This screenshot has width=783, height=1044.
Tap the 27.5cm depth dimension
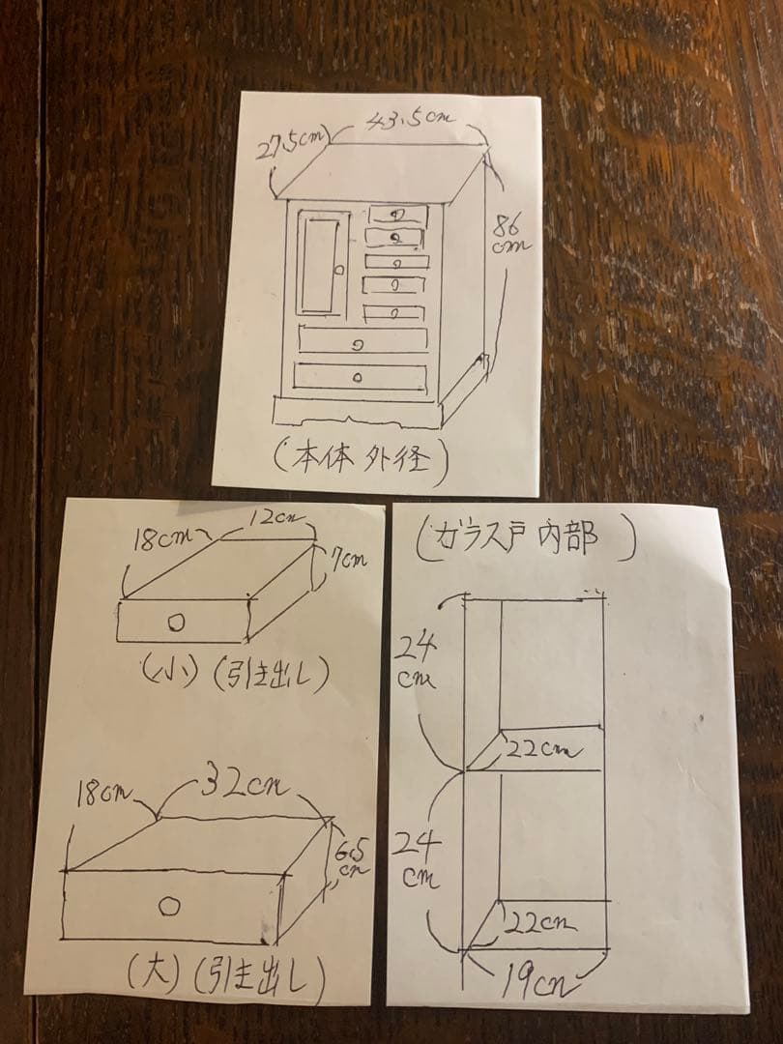pos(292,145)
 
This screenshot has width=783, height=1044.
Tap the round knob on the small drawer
pos(176,623)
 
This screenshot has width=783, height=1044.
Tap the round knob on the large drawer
pos(170,907)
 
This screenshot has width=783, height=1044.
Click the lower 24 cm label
pos(419,859)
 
